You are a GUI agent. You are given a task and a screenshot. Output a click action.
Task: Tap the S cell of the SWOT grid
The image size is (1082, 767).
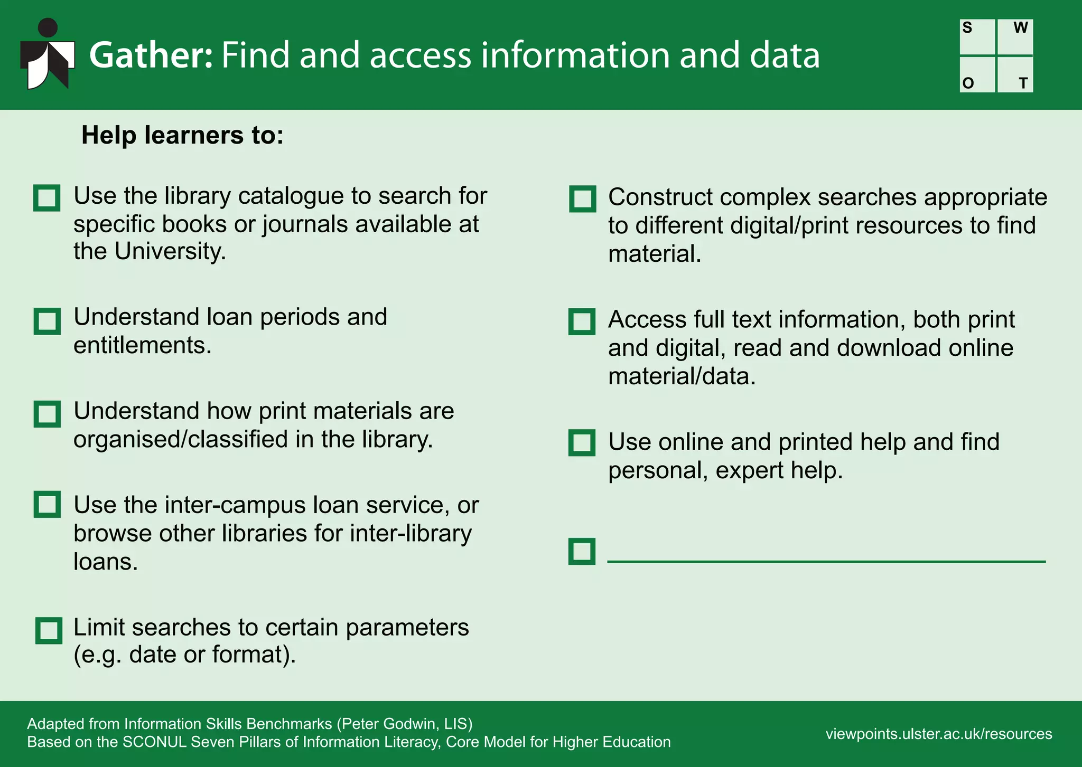(x=977, y=37)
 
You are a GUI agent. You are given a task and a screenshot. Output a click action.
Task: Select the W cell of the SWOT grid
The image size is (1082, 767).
(x=1015, y=37)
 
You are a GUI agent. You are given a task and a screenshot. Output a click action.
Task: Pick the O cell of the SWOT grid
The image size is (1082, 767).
(x=977, y=74)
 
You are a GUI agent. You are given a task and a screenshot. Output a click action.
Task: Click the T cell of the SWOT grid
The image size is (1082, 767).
(x=1015, y=74)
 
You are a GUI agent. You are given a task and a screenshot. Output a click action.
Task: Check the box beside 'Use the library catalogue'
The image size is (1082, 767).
(x=46, y=198)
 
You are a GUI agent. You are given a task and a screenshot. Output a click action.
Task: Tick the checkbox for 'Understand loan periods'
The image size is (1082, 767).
(x=46, y=321)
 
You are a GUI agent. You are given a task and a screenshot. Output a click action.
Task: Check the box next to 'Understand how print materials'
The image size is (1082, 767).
(x=46, y=413)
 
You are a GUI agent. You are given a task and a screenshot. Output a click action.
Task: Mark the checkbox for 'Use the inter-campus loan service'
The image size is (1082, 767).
(x=46, y=504)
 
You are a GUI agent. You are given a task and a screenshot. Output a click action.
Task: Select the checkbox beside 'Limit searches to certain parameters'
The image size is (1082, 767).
(x=49, y=630)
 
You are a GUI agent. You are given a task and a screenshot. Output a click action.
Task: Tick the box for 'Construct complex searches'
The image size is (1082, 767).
(x=582, y=199)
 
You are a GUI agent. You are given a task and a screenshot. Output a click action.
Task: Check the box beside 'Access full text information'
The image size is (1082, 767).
(x=582, y=321)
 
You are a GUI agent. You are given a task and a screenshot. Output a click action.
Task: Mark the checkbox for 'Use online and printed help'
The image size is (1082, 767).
(x=582, y=442)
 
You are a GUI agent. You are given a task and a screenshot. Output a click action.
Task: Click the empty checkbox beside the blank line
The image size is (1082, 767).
(x=582, y=551)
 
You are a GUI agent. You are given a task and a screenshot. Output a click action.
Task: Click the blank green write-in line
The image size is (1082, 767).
(x=826, y=561)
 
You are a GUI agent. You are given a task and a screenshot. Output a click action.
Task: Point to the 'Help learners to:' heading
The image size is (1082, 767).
(x=182, y=135)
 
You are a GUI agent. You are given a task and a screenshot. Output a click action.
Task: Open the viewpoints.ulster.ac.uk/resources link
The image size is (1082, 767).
(x=938, y=734)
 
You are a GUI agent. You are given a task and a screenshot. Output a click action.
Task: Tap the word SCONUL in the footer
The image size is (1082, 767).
(x=154, y=742)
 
